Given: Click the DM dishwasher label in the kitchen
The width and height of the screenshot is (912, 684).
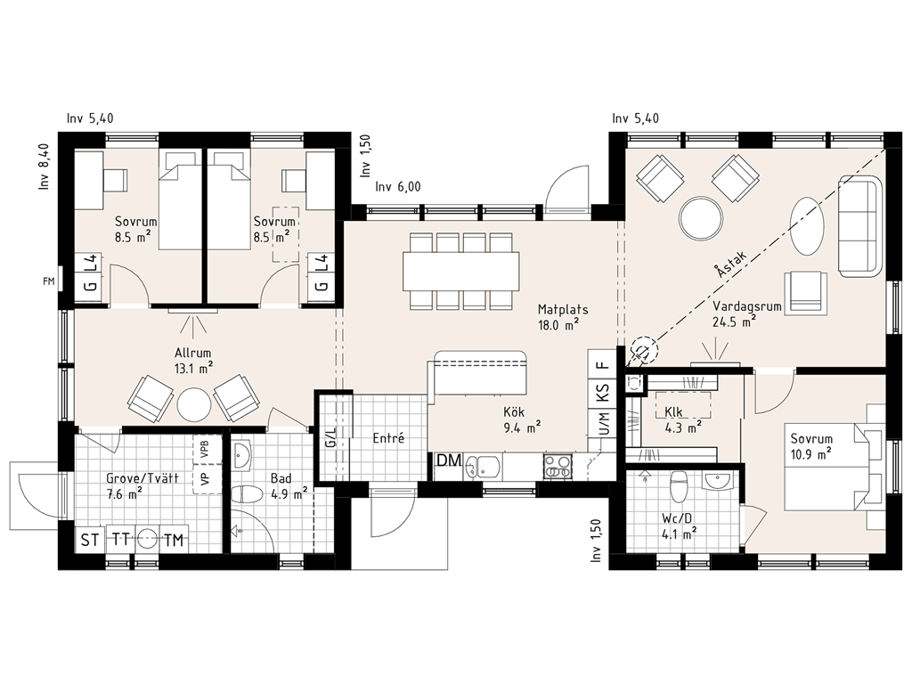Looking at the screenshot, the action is [x=449, y=461].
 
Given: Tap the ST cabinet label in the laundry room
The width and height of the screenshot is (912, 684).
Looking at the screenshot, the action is [x=90, y=541].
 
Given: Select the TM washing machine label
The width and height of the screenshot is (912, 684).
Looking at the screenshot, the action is [x=174, y=541].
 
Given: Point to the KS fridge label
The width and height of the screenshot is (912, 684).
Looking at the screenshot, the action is [x=603, y=393].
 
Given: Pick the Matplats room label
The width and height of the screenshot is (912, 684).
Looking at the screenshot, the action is [x=563, y=309].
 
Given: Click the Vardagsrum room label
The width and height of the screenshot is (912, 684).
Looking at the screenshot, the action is [x=747, y=306].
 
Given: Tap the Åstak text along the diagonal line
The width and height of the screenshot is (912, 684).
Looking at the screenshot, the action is [x=730, y=264].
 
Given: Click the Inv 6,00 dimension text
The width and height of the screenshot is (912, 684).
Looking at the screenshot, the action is [x=398, y=187].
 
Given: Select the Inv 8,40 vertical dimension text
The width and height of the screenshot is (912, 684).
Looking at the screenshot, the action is [x=45, y=167].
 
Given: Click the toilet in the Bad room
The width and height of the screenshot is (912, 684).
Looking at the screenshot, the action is [x=245, y=494].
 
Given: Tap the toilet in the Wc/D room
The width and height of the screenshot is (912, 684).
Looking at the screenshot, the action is [x=677, y=486].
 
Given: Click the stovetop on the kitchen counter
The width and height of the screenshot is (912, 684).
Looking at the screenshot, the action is [x=558, y=467].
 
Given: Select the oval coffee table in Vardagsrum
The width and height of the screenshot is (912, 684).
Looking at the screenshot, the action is [x=807, y=225].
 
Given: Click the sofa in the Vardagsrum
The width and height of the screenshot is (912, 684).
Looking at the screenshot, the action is [x=861, y=225].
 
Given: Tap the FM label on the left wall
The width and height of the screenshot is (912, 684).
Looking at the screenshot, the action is [x=49, y=281].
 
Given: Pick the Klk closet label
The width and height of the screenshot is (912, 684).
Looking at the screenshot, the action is [x=673, y=411].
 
